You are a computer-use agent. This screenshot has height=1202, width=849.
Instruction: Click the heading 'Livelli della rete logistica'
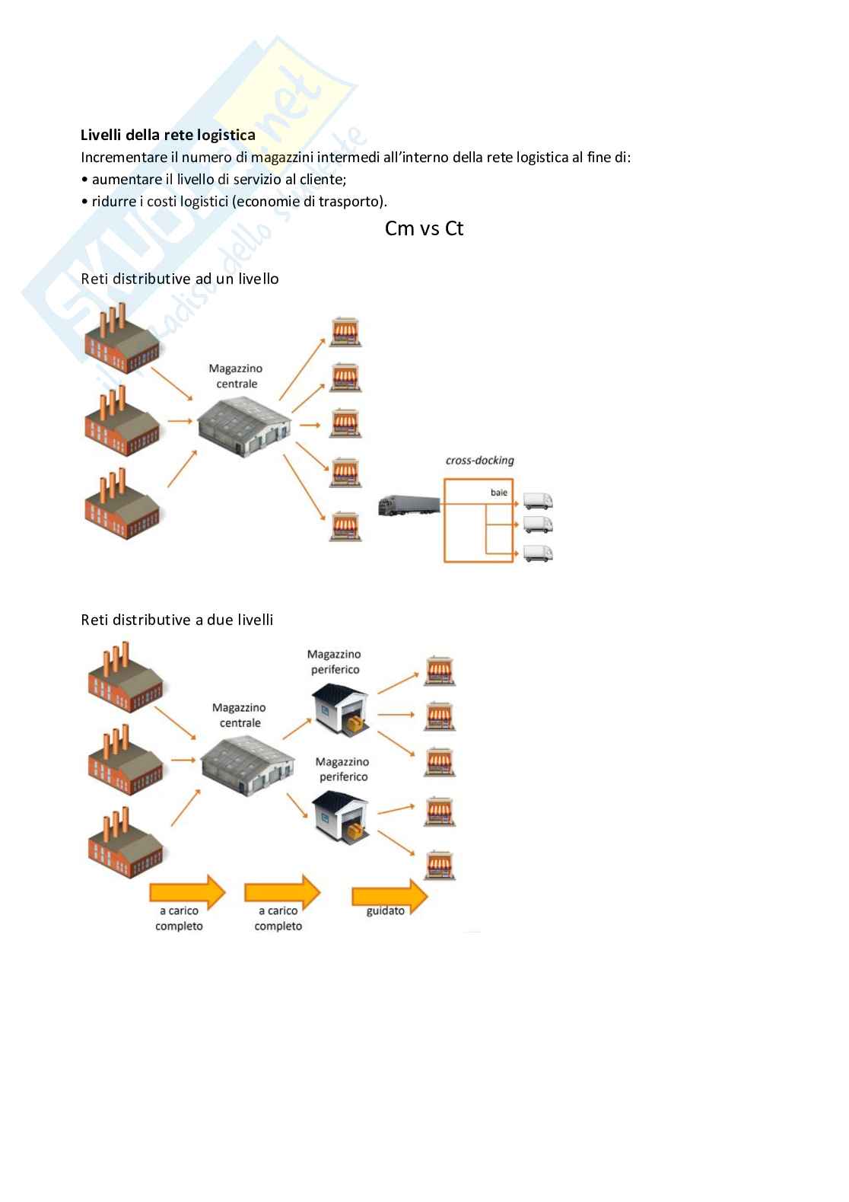point(167,136)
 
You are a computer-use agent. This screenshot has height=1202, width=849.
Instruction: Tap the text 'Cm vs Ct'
point(424,228)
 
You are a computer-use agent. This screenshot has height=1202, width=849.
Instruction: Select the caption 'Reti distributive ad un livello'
point(180,279)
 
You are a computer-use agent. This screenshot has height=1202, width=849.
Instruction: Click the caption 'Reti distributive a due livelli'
point(176,620)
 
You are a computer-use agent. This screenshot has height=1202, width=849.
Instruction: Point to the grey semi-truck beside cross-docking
point(409,505)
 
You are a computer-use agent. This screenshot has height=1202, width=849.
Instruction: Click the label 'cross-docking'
point(479,461)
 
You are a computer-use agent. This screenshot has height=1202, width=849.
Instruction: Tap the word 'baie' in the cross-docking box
point(498,493)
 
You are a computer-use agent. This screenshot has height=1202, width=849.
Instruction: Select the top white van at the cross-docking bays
point(538,500)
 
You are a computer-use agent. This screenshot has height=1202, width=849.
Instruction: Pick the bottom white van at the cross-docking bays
point(538,553)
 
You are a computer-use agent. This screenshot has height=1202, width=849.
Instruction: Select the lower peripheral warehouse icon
point(342,817)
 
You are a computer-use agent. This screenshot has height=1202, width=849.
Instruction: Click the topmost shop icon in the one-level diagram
point(345,332)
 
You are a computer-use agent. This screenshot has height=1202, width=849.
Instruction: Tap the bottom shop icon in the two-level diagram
point(439,866)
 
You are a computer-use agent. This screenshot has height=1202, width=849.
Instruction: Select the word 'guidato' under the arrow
point(386,911)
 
